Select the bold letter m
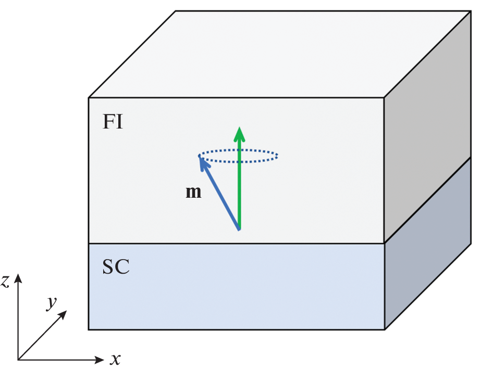tap(193, 193)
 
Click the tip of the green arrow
tap(239, 129)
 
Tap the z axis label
tap(5, 282)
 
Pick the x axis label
tap(116, 359)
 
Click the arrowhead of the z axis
tap(18, 277)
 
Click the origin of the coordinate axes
tap(18, 359)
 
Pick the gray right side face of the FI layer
tap(427, 130)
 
